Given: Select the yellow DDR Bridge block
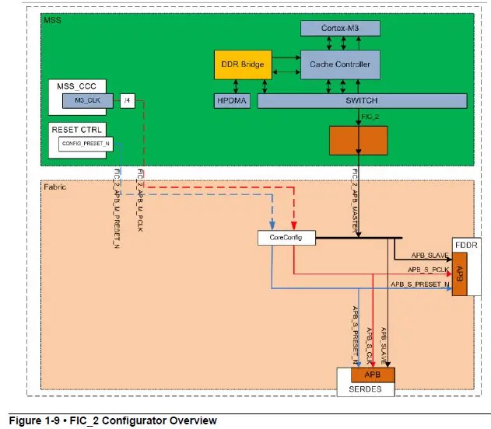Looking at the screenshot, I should click(242, 65).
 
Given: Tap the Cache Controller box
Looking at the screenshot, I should click(340, 65).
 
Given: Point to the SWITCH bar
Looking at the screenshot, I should click(361, 101).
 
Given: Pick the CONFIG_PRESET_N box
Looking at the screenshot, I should click(81, 145).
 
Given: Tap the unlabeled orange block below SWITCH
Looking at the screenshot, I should click(358, 140).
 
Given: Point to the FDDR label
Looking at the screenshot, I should click(466, 244).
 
